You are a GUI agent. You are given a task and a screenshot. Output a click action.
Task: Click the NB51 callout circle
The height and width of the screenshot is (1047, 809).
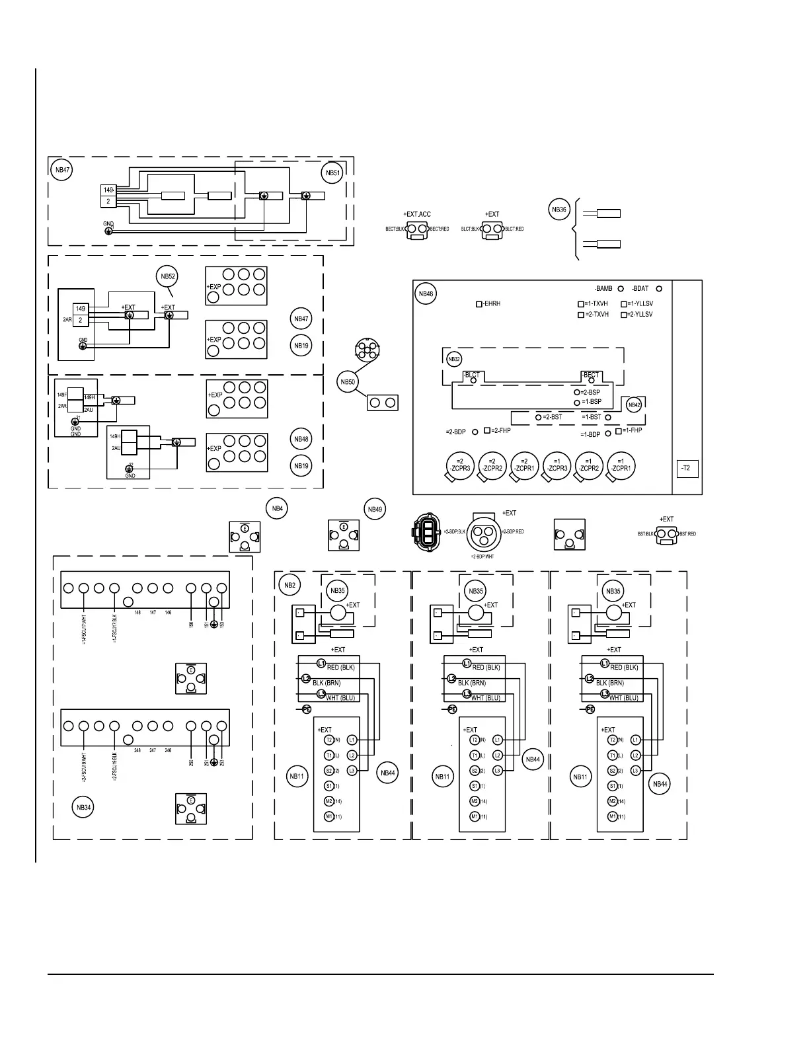(333, 173)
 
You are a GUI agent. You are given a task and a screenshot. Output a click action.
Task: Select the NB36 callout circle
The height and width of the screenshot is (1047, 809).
(559, 210)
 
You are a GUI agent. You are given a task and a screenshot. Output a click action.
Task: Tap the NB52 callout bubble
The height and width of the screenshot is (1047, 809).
(168, 276)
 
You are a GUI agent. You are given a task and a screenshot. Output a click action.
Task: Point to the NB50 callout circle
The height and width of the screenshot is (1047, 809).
(348, 381)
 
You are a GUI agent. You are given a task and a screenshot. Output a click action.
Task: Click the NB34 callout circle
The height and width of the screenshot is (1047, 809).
(84, 807)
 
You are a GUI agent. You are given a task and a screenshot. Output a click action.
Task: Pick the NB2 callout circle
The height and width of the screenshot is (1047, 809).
(289, 584)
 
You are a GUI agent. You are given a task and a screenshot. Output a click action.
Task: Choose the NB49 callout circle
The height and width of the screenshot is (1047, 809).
(375, 509)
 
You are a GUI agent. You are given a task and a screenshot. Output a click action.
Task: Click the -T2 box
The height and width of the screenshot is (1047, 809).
(686, 468)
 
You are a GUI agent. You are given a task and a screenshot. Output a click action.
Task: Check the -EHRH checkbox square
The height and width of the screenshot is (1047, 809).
(479, 304)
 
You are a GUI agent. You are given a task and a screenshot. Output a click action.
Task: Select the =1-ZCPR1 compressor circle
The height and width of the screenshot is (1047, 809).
(621, 465)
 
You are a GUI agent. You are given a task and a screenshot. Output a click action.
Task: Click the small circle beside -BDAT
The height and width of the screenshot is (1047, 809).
(658, 289)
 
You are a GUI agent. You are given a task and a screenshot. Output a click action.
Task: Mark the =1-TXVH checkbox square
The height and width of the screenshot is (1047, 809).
(581, 304)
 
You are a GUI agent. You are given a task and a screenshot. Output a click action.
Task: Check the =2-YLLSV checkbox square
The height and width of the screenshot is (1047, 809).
(624, 315)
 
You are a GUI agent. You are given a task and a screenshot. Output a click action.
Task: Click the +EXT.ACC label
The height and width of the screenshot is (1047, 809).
(416, 214)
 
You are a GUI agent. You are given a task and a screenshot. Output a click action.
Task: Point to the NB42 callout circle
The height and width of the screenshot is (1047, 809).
(633, 405)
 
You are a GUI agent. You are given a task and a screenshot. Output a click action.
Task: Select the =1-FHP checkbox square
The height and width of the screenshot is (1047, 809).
(619, 431)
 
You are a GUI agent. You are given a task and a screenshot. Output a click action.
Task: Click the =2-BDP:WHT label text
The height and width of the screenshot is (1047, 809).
(482, 557)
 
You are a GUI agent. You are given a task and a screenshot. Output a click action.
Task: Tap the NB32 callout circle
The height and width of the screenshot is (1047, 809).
(453, 360)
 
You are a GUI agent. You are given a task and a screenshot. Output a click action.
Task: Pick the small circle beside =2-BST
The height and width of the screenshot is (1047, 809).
(538, 417)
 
